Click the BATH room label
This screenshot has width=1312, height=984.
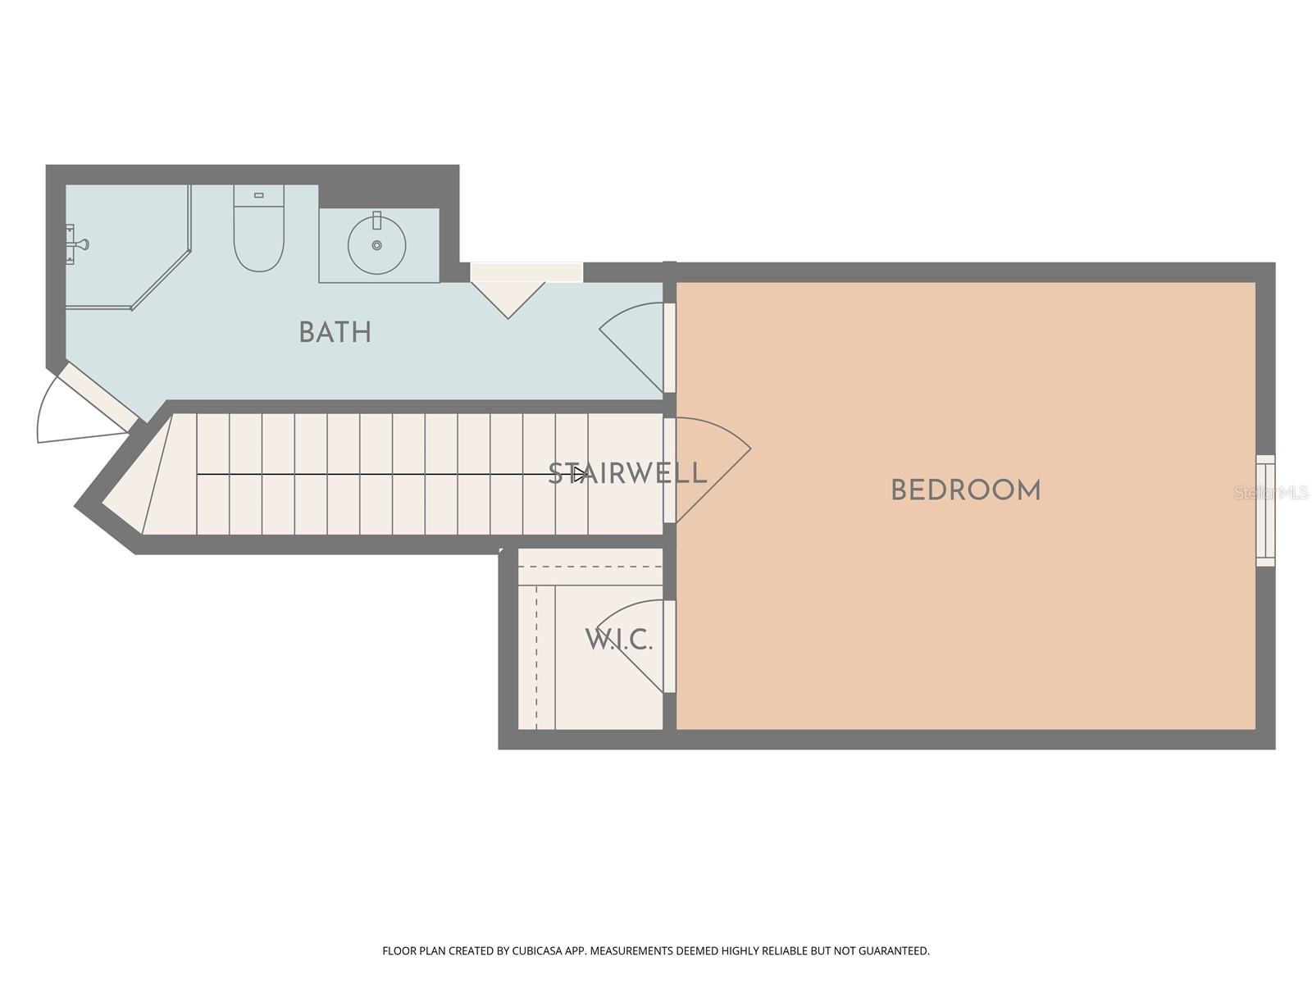(x=335, y=332)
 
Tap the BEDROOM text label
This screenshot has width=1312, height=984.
(x=965, y=490)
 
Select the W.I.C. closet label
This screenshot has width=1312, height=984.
(x=619, y=640)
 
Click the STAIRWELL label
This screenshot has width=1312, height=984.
(x=627, y=473)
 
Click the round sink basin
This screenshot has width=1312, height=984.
(x=376, y=244)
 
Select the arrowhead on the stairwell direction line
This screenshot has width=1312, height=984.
(x=581, y=474)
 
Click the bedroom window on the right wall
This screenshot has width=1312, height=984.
(x=1266, y=510)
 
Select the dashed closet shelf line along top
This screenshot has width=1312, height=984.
(x=590, y=567)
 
